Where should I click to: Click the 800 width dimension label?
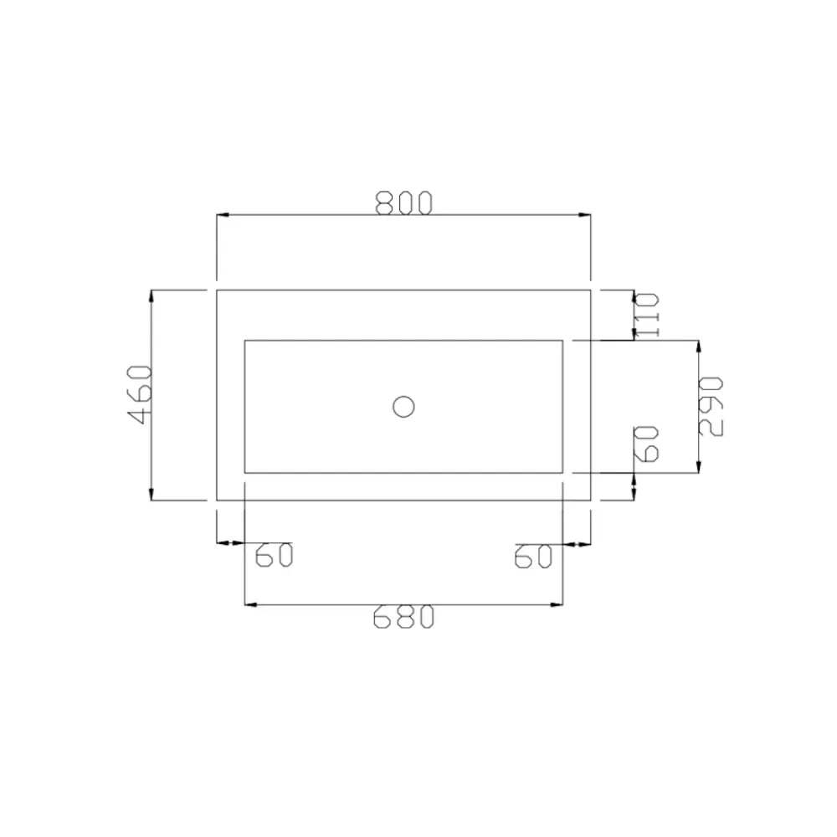(x=403, y=203)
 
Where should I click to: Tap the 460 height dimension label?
(x=141, y=394)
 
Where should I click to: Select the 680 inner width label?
(x=403, y=617)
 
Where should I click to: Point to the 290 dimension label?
(x=711, y=406)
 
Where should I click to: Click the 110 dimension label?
(x=647, y=315)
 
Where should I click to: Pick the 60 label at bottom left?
(x=274, y=555)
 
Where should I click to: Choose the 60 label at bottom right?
(x=532, y=557)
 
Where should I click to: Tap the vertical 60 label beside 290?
(x=646, y=444)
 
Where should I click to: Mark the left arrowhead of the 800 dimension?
(x=223, y=214)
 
